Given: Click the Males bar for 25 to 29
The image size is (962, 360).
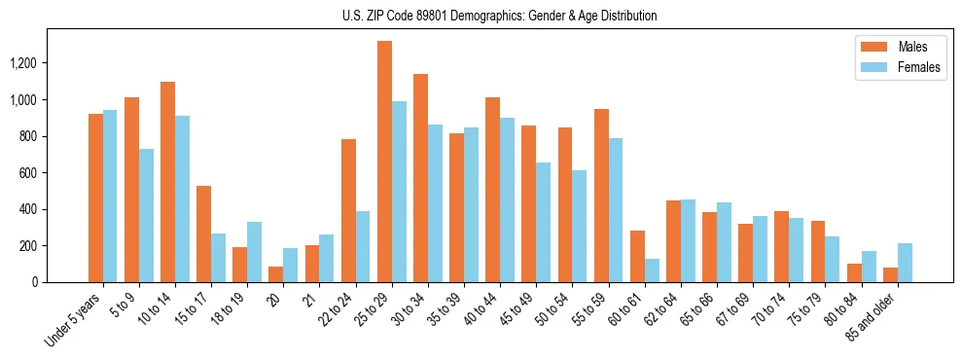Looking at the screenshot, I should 384,162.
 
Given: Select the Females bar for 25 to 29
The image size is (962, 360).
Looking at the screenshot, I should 399,192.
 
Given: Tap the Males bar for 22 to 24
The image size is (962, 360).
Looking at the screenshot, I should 348,210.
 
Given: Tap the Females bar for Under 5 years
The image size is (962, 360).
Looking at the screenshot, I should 110,196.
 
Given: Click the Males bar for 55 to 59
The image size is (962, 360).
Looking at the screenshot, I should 601,196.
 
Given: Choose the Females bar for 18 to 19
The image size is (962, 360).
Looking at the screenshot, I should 254,252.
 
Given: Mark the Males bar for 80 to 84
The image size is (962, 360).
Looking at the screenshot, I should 854,272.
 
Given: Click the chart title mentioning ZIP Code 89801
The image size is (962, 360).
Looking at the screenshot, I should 500,16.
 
